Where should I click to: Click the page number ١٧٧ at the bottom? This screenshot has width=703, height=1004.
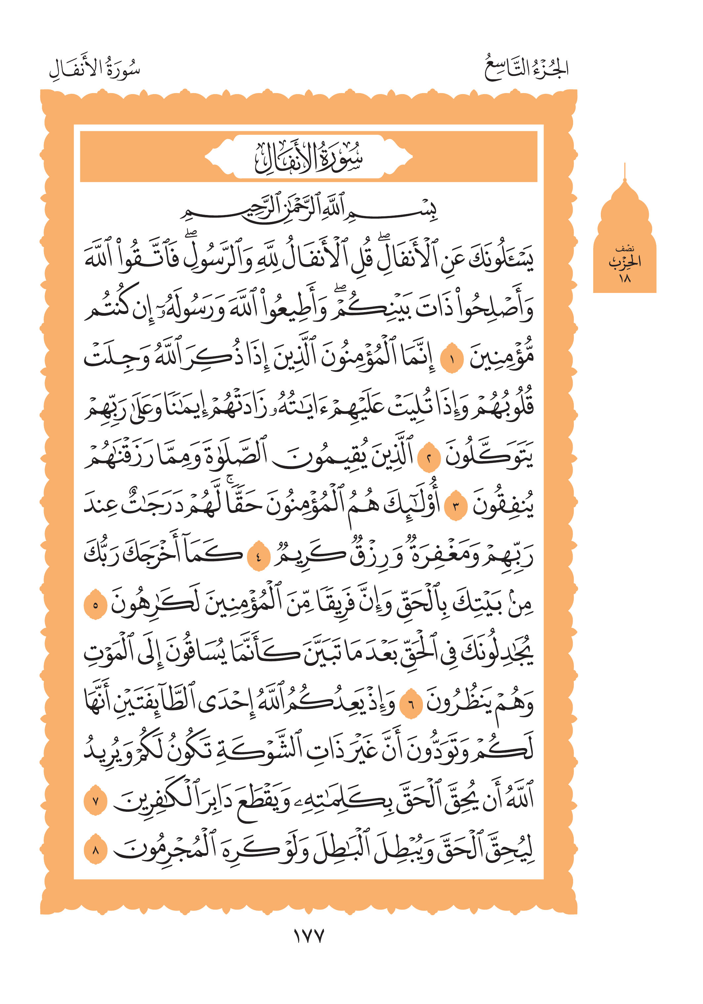click(x=308, y=936)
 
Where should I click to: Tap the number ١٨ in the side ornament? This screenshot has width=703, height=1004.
click(x=624, y=278)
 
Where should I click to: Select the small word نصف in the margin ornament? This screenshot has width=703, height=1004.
click(x=625, y=249)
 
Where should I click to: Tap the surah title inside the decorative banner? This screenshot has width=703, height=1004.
click(x=309, y=157)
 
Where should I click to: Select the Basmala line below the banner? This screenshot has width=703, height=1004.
click(x=309, y=209)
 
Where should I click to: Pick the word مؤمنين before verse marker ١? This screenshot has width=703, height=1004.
click(x=501, y=359)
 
